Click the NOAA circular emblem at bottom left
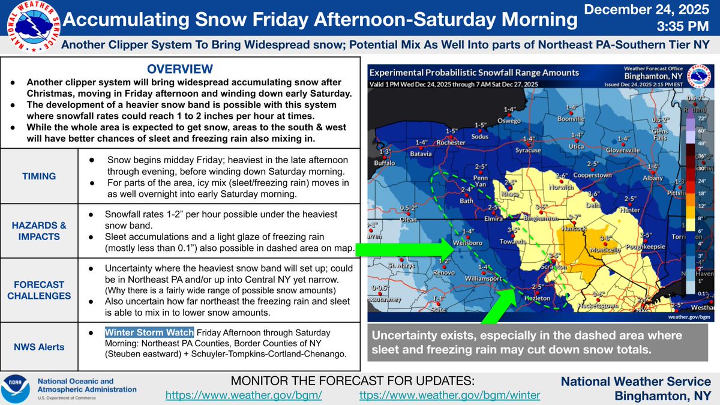17,388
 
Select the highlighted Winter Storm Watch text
149,332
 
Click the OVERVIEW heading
181,68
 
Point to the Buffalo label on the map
386,163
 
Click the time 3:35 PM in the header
681,26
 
